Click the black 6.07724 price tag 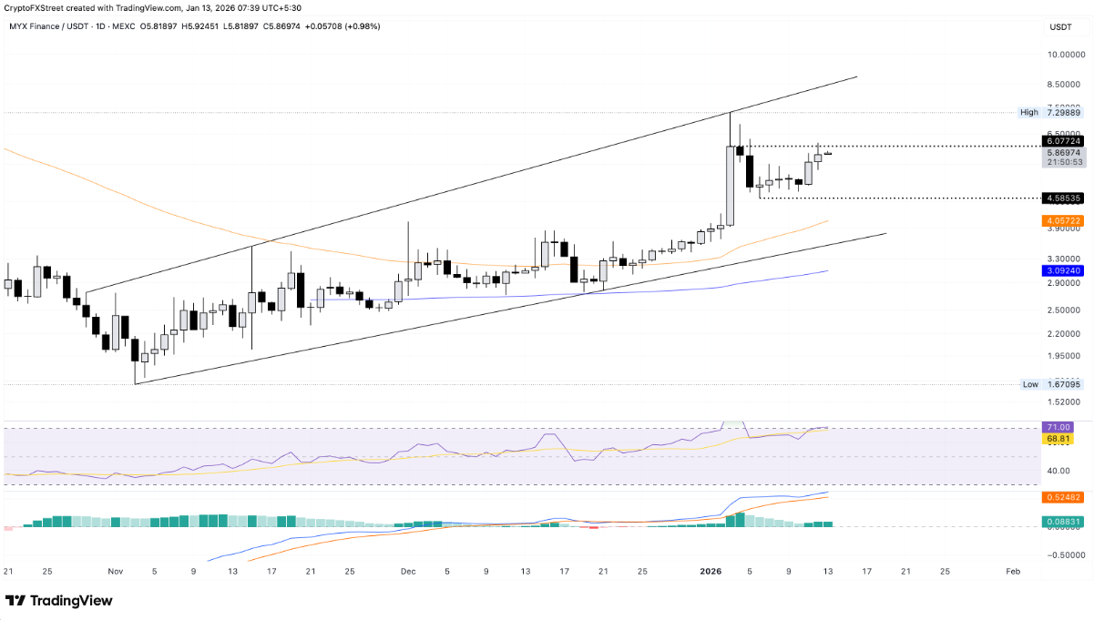pyautogui.click(x=1064, y=141)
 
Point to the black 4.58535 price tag pyautogui.click(x=1064, y=197)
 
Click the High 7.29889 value pyautogui.click(x=1063, y=112)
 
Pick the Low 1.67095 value pyautogui.click(x=1063, y=384)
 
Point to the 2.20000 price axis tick pyautogui.click(x=1064, y=332)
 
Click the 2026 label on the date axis pyautogui.click(x=710, y=571)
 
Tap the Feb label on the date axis pyautogui.click(x=1012, y=571)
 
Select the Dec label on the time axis pyautogui.click(x=407, y=571)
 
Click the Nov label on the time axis pyautogui.click(x=115, y=571)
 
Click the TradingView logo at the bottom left pyautogui.click(x=59, y=601)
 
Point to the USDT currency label pyautogui.click(x=1060, y=27)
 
